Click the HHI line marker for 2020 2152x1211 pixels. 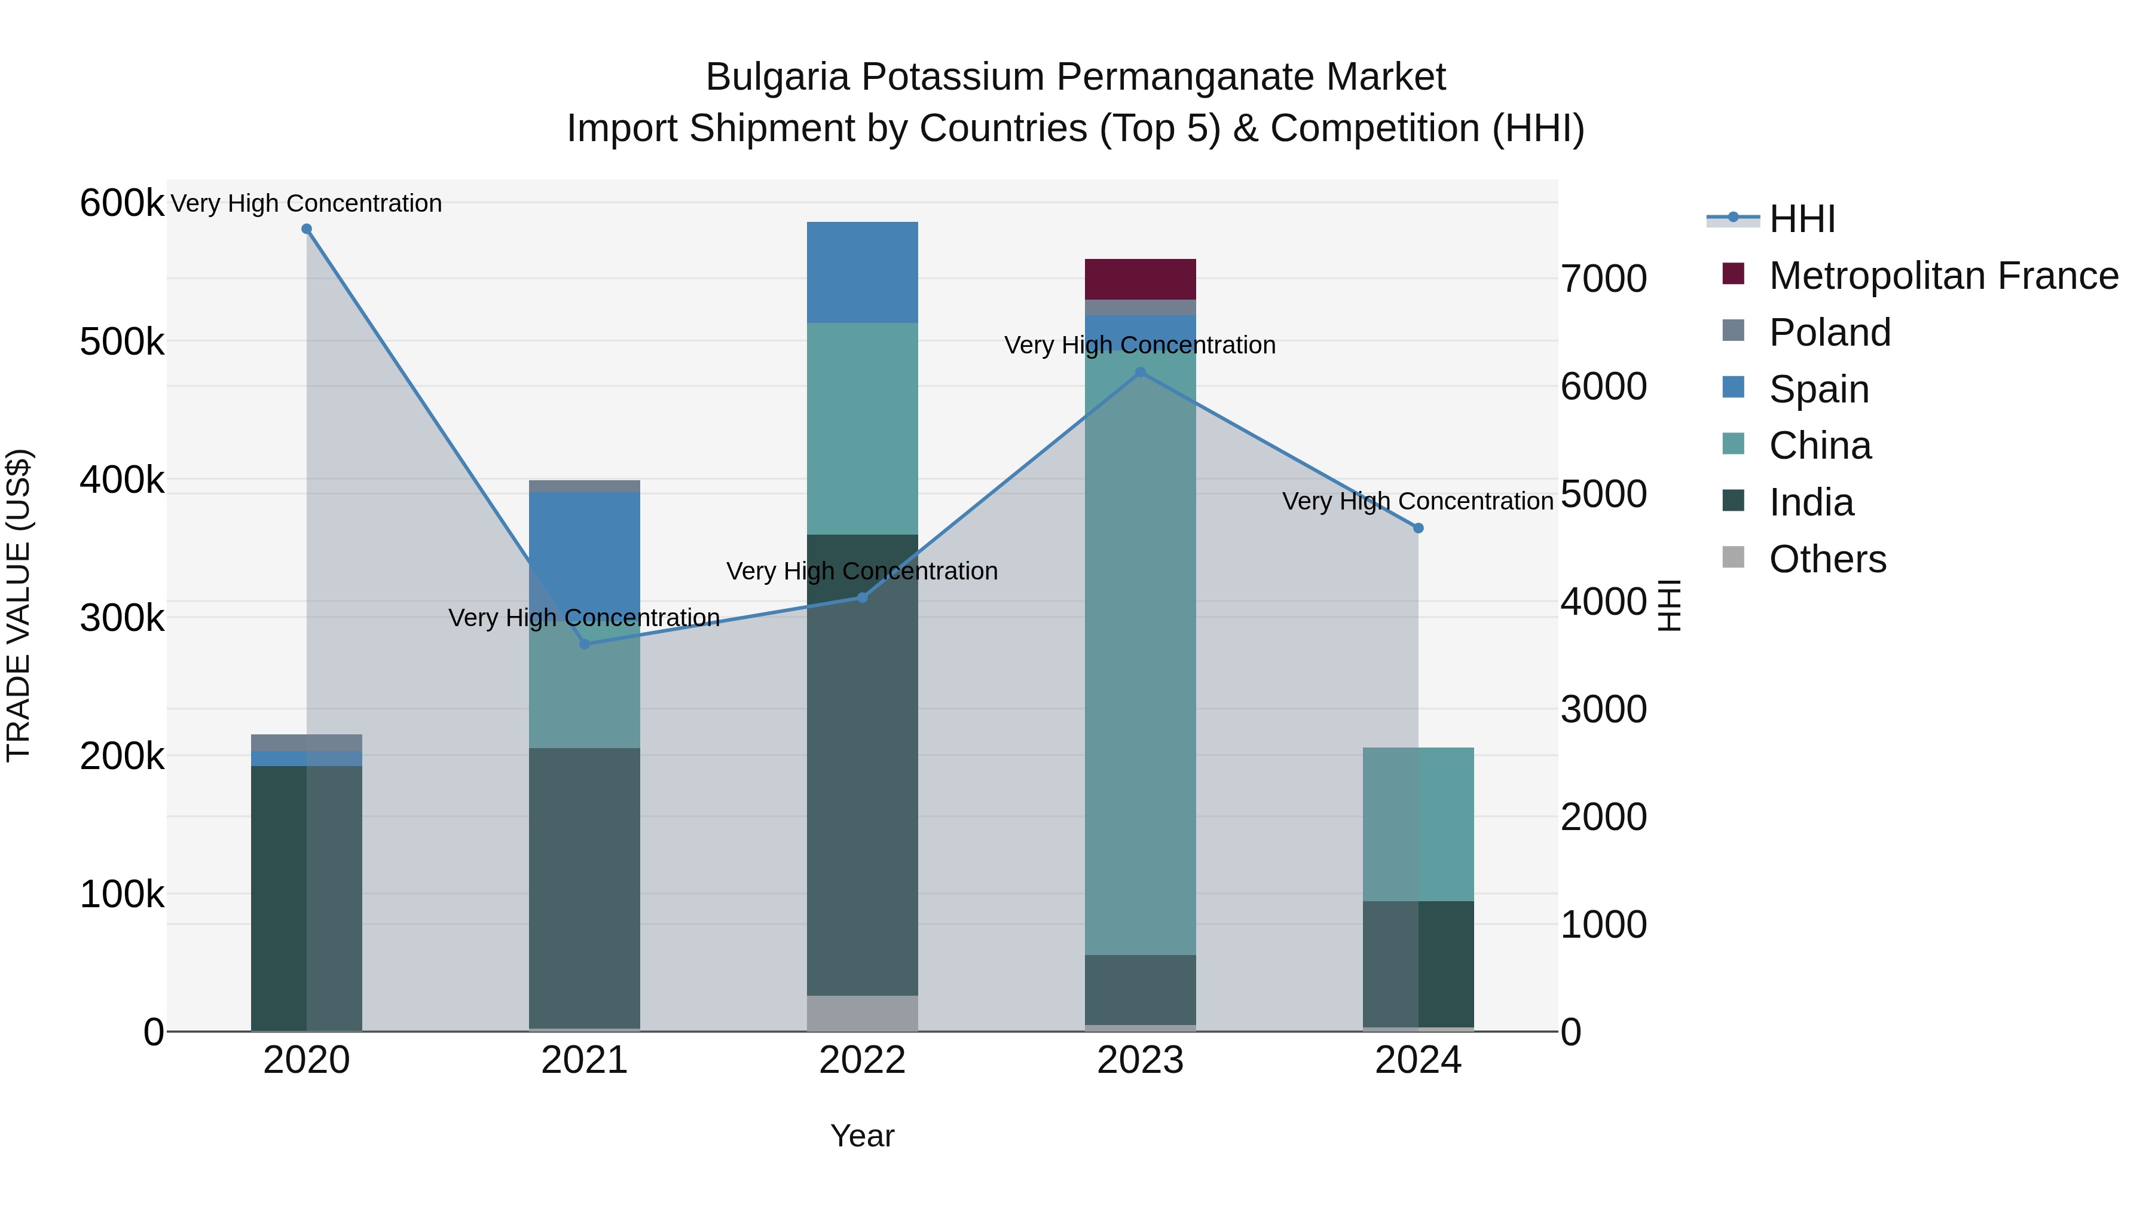(307, 229)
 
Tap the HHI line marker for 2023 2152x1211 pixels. (1141, 373)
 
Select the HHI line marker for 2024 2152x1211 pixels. (1418, 528)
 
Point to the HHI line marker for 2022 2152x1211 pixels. (862, 597)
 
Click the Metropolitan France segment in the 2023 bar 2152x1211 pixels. (1141, 279)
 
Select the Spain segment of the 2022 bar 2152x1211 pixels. (862, 273)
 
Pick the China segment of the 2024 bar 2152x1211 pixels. (1418, 824)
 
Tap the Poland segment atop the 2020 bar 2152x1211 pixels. (307, 743)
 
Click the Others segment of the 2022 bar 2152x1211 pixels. (862, 1013)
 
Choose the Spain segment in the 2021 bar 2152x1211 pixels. (584, 543)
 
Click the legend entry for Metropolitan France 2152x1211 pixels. (1943, 276)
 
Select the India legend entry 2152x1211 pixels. (1811, 502)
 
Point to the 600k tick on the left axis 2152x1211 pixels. (121, 203)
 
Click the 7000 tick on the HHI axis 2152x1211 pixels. (1603, 279)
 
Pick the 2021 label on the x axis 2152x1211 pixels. (584, 1060)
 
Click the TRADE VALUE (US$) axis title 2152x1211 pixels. (19, 605)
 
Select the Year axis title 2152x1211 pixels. (862, 1136)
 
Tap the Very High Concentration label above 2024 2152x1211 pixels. (1418, 502)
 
